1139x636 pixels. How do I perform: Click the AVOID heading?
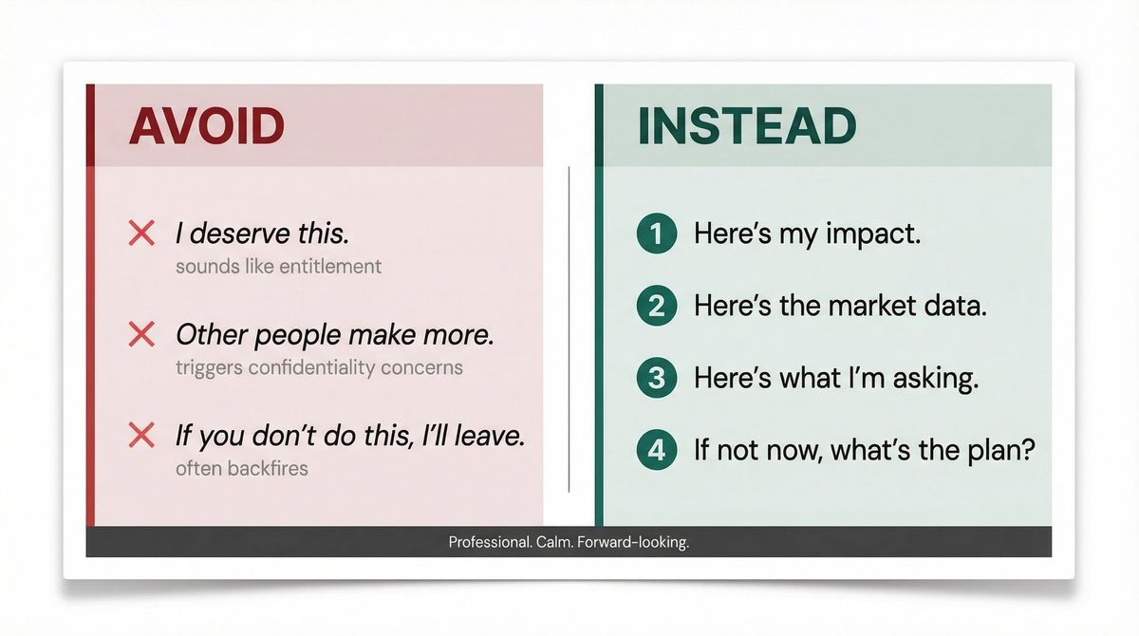(206, 126)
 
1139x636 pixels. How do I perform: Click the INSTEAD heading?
(746, 126)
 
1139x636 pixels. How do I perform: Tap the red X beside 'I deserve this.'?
(141, 234)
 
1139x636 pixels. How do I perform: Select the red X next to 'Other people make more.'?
(141, 334)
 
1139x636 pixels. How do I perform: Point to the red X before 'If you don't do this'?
(141, 436)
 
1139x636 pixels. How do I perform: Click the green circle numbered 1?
(656, 234)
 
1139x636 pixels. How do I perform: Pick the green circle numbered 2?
(656, 306)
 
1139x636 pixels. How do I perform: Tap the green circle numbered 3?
(656, 378)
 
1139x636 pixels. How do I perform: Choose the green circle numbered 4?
(656, 449)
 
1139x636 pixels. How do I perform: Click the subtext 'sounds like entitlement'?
(278, 267)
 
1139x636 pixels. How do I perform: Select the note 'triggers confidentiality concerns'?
(319, 367)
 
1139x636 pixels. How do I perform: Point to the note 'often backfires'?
(241, 468)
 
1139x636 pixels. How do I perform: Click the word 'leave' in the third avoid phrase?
(489, 436)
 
